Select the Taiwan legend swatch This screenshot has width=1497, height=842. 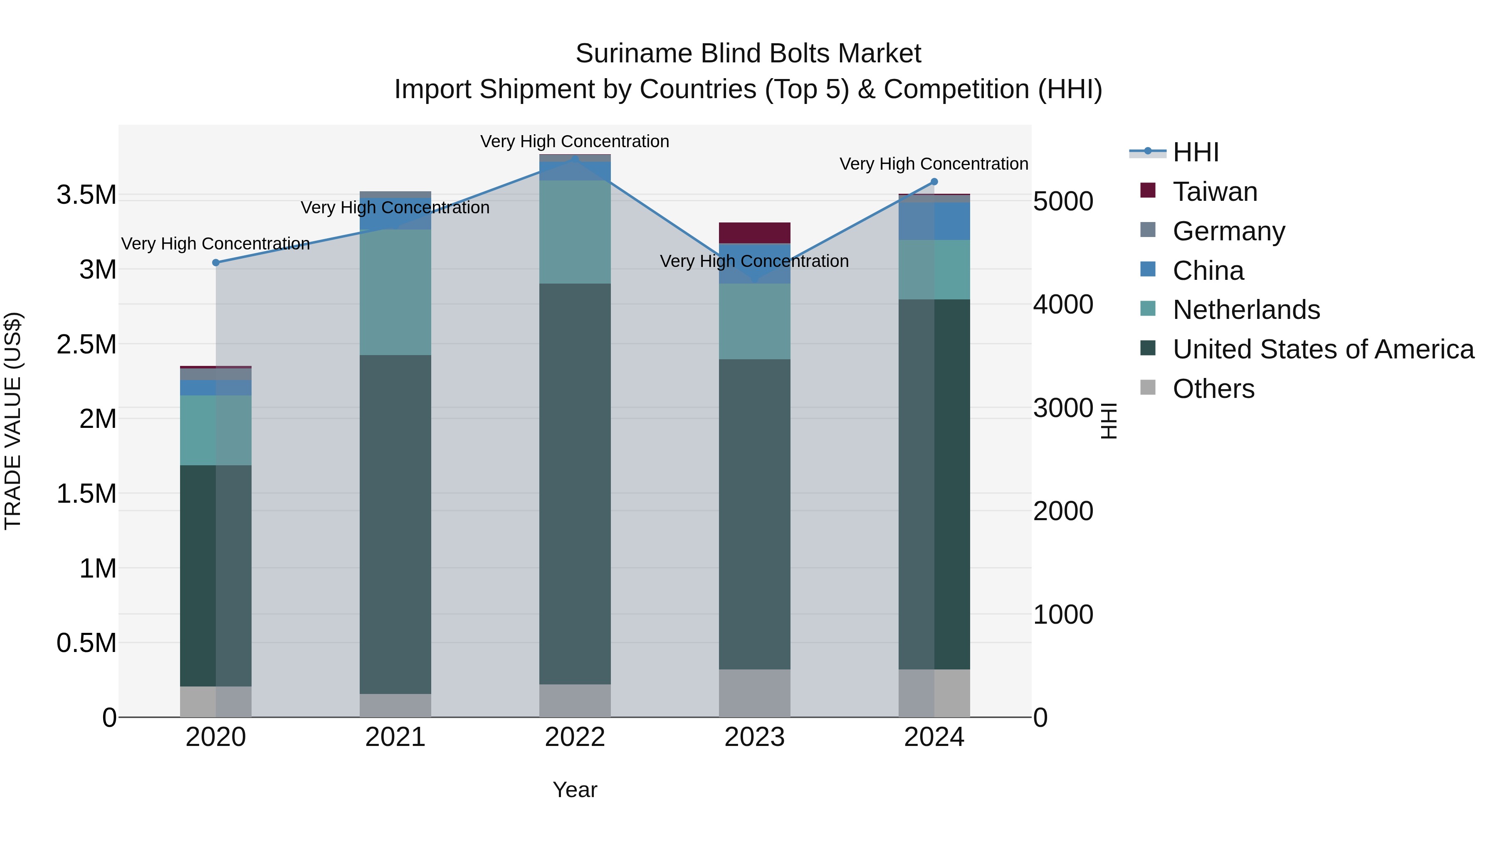[x=1148, y=190]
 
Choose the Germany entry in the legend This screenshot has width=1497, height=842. [x=1228, y=231]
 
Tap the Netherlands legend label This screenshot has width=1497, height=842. [x=1246, y=310]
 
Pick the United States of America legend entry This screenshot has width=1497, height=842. [x=1323, y=349]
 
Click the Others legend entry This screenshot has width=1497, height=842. [x=1213, y=389]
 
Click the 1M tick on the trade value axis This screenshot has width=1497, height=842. [x=98, y=568]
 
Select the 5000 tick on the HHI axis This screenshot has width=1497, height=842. [x=1063, y=202]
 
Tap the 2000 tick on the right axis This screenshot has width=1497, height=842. [x=1063, y=511]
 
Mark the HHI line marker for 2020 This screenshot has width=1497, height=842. [x=215, y=263]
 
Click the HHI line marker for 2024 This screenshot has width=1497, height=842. [x=934, y=182]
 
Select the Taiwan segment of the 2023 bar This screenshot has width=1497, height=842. [x=754, y=232]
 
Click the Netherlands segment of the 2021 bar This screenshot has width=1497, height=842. [x=395, y=292]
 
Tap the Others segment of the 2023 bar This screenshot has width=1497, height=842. [x=754, y=693]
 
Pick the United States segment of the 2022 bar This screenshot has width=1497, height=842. [x=575, y=484]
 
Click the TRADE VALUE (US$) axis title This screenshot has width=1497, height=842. [x=13, y=421]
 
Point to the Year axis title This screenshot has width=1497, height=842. [x=575, y=790]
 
